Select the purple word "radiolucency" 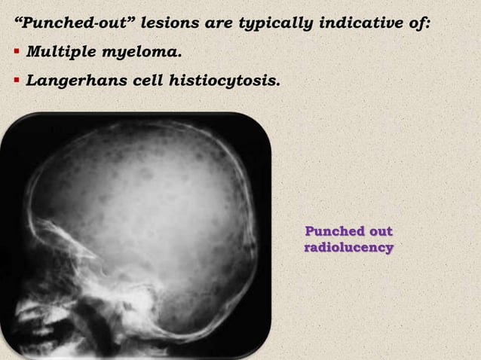click(348, 247)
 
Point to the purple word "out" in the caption click(379, 231)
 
